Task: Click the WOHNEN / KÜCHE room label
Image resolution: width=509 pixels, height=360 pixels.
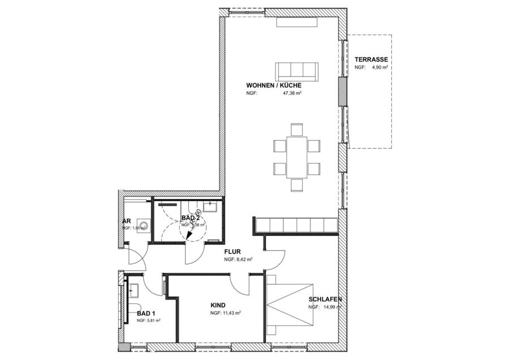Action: pyautogui.click(x=269, y=85)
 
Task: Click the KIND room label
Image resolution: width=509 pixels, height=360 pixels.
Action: pyautogui.click(x=218, y=304)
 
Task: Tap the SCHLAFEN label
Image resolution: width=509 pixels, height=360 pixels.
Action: pyautogui.click(x=325, y=299)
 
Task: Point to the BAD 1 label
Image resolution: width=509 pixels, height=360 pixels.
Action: pyautogui.click(x=146, y=312)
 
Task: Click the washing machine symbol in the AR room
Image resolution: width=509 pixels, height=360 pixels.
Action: pyautogui.click(x=145, y=226)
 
